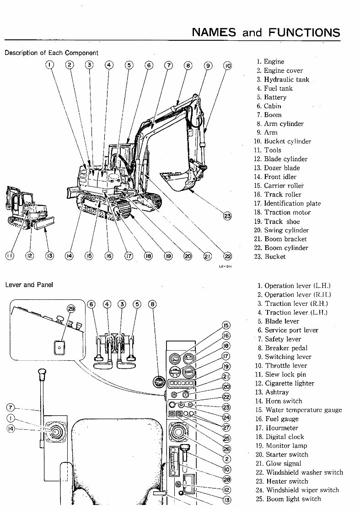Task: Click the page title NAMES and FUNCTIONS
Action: click(x=266, y=32)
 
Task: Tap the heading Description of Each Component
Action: click(x=51, y=53)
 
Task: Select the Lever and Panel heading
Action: click(x=29, y=285)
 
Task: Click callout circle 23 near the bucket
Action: click(x=227, y=216)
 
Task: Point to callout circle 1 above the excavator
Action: click(x=49, y=65)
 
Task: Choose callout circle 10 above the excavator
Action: click(x=227, y=65)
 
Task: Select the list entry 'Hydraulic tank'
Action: click(x=286, y=80)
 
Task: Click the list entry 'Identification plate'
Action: click(x=292, y=204)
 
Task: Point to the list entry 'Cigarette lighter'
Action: click(x=289, y=384)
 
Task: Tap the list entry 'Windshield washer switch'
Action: click(x=304, y=472)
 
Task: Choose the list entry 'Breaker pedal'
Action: click(x=286, y=348)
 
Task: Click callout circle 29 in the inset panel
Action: click(x=70, y=309)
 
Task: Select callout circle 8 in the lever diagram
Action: click(x=152, y=304)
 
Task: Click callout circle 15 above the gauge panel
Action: click(x=226, y=326)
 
